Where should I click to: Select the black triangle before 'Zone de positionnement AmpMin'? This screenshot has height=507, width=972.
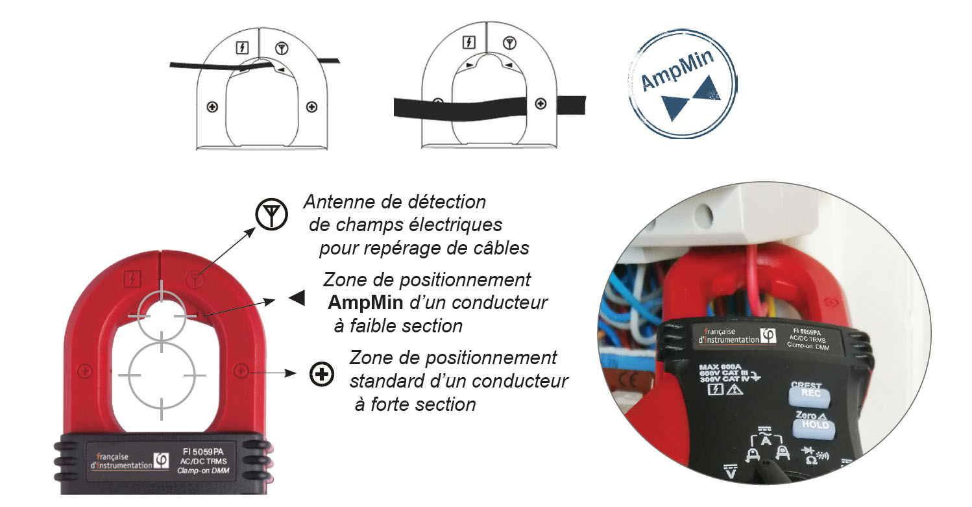(x=297, y=298)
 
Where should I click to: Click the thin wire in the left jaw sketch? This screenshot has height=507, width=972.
(x=195, y=64)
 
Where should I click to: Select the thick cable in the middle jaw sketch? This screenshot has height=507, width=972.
(x=480, y=106)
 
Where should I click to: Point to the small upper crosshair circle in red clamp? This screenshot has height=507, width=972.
(x=162, y=314)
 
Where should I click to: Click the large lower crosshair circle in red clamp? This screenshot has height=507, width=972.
(x=162, y=375)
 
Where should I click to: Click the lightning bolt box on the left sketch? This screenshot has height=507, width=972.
(x=242, y=47)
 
